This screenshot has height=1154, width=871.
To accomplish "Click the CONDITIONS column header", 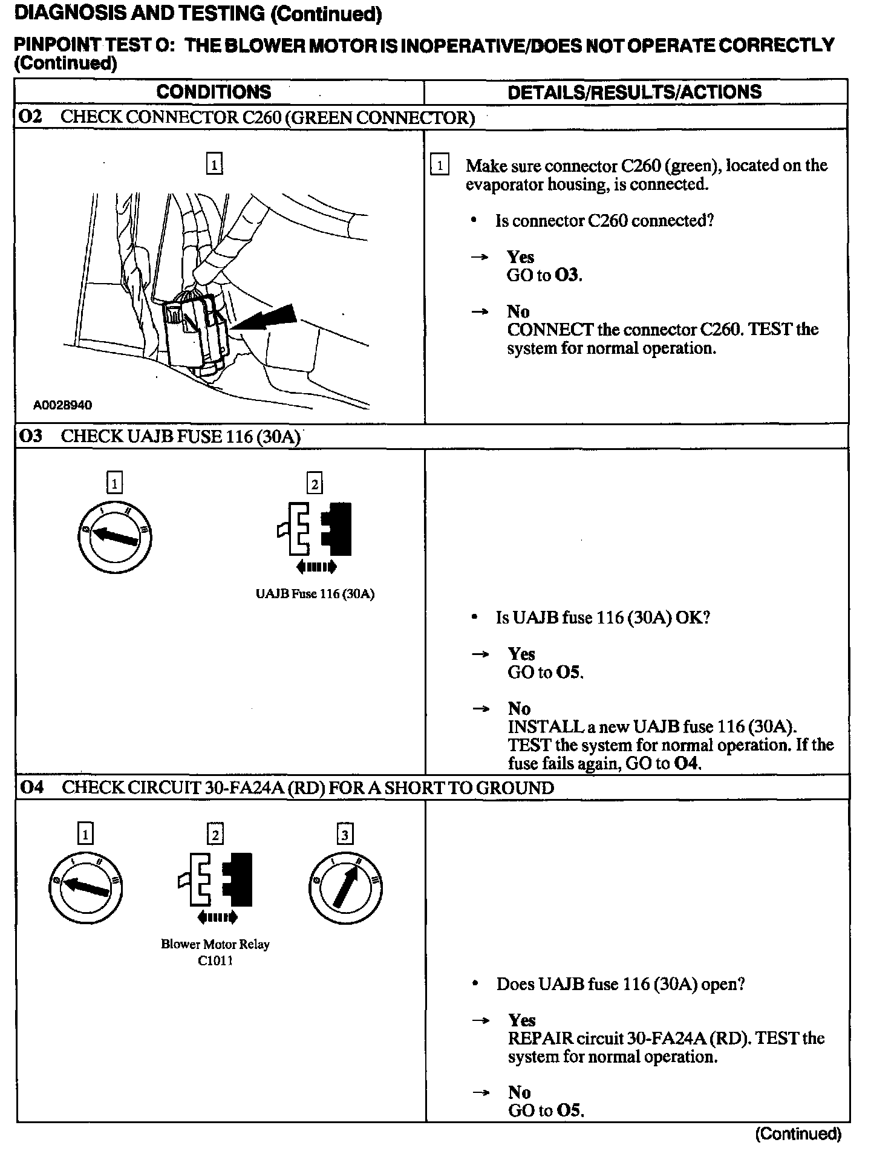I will click(x=214, y=92).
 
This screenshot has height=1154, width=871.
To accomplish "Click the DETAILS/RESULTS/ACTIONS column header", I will click(x=634, y=92).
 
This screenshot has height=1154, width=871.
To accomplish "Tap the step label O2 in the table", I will click(x=31, y=117).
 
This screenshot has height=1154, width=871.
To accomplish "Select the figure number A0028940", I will click(x=63, y=405).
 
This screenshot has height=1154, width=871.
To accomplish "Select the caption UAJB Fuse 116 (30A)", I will click(x=315, y=594).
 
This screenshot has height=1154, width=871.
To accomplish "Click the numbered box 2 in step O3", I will click(x=315, y=484).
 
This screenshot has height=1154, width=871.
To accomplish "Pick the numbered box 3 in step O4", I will click(x=345, y=835).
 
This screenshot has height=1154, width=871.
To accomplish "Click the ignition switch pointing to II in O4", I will click(x=345, y=888).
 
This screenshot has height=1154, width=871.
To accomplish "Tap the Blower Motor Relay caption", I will click(x=215, y=944).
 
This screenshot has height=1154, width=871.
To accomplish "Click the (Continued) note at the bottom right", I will click(x=798, y=1133).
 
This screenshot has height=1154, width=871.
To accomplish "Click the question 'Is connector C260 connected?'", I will click(x=604, y=221).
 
